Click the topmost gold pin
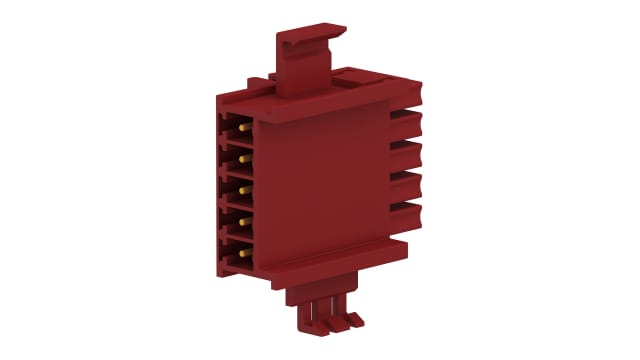tap(242, 129)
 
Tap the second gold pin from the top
tap(242, 158)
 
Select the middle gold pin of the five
tap(242, 187)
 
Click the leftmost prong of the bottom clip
tap(304, 317)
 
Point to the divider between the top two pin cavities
tap(238, 144)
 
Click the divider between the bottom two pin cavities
tap(238, 235)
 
